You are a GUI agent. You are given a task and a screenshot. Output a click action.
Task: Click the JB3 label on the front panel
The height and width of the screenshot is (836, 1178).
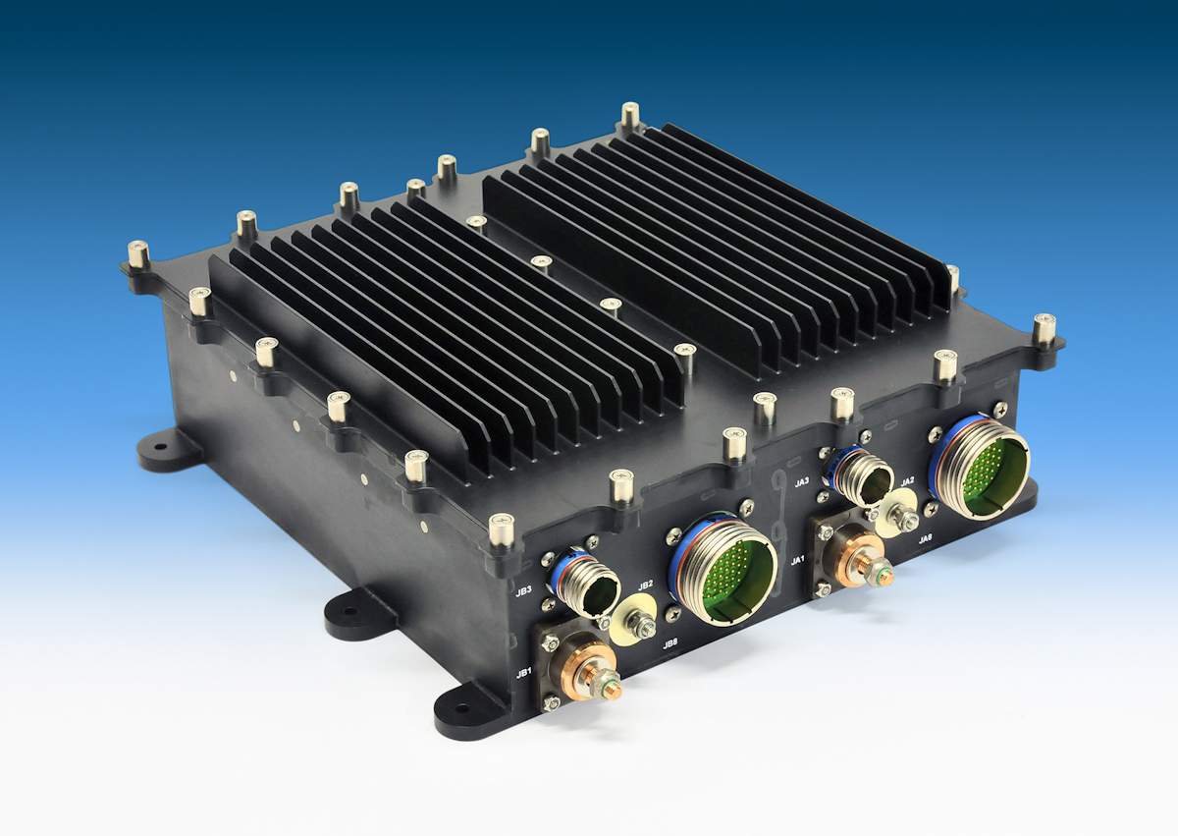coord(523,591)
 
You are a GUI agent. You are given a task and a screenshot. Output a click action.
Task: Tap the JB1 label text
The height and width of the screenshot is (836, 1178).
coord(524,673)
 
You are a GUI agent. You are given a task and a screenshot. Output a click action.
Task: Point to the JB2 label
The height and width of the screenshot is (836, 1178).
coord(645,586)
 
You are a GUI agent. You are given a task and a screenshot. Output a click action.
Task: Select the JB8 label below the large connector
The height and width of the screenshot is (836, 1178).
coord(670,644)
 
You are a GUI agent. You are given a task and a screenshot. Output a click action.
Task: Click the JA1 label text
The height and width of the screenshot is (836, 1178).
coord(798,560)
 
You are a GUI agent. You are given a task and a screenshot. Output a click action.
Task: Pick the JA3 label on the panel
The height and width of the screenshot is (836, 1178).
coord(802,481)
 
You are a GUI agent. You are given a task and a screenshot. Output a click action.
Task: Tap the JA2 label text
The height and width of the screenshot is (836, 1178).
coord(908,480)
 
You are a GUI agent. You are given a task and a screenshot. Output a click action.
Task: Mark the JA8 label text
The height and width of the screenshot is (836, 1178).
coord(926,539)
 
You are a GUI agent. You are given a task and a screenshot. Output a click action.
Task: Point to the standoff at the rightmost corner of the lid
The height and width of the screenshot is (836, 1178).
coord(1044,330)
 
